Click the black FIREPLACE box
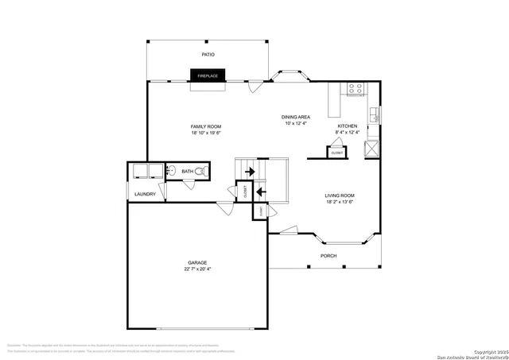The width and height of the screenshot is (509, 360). click(x=208, y=75)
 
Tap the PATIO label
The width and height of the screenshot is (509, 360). click(x=208, y=55)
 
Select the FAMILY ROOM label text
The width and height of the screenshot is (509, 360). click(x=205, y=127)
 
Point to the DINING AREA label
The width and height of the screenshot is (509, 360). click(x=296, y=117)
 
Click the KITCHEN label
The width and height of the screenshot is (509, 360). click(x=348, y=126)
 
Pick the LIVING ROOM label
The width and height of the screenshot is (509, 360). click(x=339, y=195)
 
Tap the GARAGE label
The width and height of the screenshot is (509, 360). click(x=197, y=262)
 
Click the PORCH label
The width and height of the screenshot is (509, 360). click(x=328, y=256)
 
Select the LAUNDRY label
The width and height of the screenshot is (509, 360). click(x=145, y=194)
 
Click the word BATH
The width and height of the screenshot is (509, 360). click(x=188, y=172)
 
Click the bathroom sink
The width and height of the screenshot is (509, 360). click(x=171, y=170)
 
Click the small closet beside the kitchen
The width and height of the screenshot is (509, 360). click(x=337, y=150)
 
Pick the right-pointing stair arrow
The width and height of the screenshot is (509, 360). click(x=250, y=171)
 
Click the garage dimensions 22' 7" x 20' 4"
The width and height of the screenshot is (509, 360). click(x=197, y=269)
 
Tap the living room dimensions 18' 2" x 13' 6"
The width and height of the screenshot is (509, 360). click(x=339, y=203)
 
